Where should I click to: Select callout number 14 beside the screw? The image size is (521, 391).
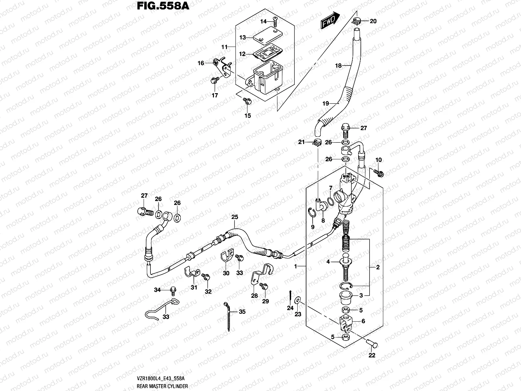click(x=263, y=22)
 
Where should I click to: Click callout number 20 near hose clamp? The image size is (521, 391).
click(x=373, y=21)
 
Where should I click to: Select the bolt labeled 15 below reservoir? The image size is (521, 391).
click(x=247, y=102)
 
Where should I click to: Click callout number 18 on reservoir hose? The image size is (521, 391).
click(x=338, y=66)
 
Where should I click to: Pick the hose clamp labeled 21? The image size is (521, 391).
click(x=317, y=142)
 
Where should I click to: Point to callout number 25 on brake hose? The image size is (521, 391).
click(x=235, y=217)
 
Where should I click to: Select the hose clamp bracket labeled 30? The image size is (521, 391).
click(x=226, y=258)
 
